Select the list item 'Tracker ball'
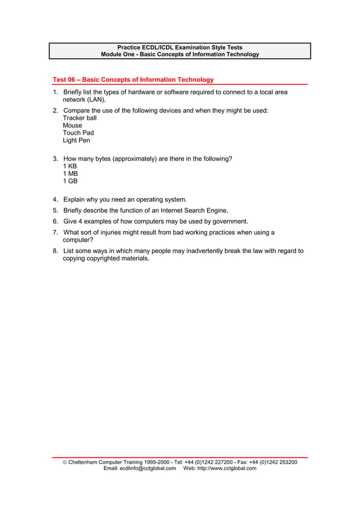click(80, 118)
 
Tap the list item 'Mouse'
click(72, 125)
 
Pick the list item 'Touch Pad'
click(78, 133)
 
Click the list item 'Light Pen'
click(76, 140)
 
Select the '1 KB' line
click(70, 167)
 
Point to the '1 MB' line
click(70, 174)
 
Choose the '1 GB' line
click(70, 181)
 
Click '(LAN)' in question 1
click(96, 99)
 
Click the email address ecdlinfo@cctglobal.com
click(139, 468)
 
